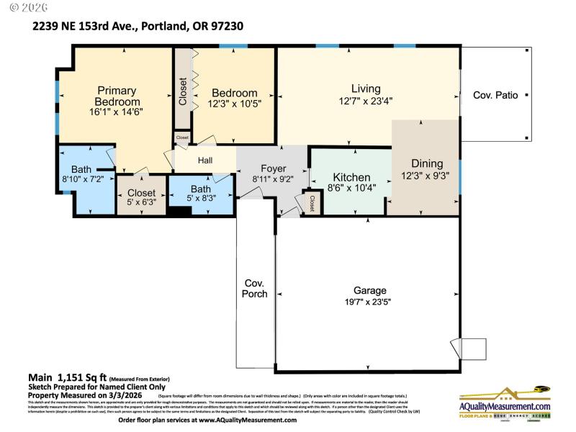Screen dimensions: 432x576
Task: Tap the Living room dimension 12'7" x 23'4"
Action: tap(366, 101)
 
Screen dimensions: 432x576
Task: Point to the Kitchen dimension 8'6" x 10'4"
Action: tap(351, 189)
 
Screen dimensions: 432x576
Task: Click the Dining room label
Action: tap(427, 163)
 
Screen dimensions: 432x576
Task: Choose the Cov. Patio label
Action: tap(495, 95)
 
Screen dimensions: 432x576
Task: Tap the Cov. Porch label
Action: tap(255, 288)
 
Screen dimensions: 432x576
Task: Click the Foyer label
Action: tap(273, 168)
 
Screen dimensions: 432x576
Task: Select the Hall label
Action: tap(205, 160)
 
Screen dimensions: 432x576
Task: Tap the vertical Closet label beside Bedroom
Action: tap(182, 91)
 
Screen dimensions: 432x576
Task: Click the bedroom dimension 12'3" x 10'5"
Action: tap(234, 104)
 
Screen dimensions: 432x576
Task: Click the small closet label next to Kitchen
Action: tap(312, 203)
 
